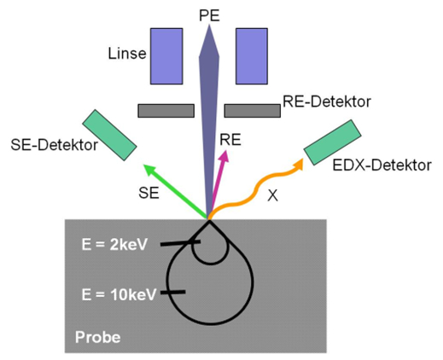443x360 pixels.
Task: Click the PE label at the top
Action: [x=209, y=16]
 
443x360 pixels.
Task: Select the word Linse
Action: [x=127, y=54]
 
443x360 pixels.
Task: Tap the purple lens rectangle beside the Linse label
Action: [x=166, y=56]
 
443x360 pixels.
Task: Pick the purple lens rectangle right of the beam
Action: [x=252, y=56]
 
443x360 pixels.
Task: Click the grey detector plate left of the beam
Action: [x=166, y=111]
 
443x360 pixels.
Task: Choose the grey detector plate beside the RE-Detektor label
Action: [x=253, y=111]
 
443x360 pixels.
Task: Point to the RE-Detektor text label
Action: [x=327, y=102]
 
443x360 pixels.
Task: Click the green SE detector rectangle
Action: [x=109, y=135]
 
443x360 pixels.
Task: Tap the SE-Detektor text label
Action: [x=55, y=145]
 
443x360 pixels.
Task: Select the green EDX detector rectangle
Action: [x=333, y=142]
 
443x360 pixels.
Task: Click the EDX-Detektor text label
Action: [x=382, y=165]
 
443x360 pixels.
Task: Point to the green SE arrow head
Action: [x=149, y=170]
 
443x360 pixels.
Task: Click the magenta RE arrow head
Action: [x=224, y=156]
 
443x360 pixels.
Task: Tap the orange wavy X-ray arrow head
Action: [x=298, y=164]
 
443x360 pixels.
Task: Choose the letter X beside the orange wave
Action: [x=272, y=195]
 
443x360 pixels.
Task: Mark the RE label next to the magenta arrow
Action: [x=230, y=140]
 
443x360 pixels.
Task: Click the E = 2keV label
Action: [x=114, y=244]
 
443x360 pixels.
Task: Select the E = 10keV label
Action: [x=119, y=294]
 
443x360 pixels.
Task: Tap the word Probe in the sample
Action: [x=98, y=338]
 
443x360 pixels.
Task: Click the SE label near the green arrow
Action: [x=149, y=193]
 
